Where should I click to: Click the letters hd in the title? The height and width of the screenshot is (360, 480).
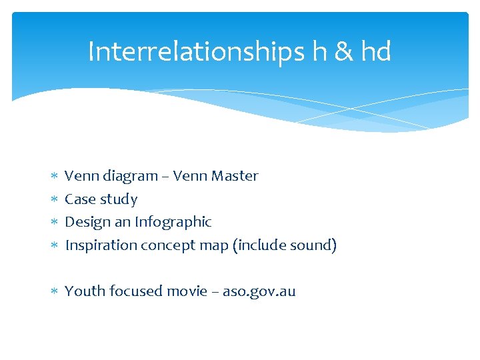tap(376, 51)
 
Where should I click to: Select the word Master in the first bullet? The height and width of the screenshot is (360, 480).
tap(235, 176)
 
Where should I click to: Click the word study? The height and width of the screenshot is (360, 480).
tap(118, 199)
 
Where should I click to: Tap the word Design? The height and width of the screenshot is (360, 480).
tap(87, 222)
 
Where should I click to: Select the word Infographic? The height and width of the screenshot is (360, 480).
tap(173, 222)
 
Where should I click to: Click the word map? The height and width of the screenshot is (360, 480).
tap(212, 245)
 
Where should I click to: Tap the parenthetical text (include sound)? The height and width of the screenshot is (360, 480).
tap(285, 245)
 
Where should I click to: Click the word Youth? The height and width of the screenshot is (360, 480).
tap(85, 291)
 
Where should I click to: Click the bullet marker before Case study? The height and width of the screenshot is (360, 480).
tap(54, 200)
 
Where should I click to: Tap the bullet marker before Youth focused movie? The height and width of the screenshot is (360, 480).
tap(54, 292)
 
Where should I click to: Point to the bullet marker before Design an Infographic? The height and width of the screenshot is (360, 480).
tap(54, 223)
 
